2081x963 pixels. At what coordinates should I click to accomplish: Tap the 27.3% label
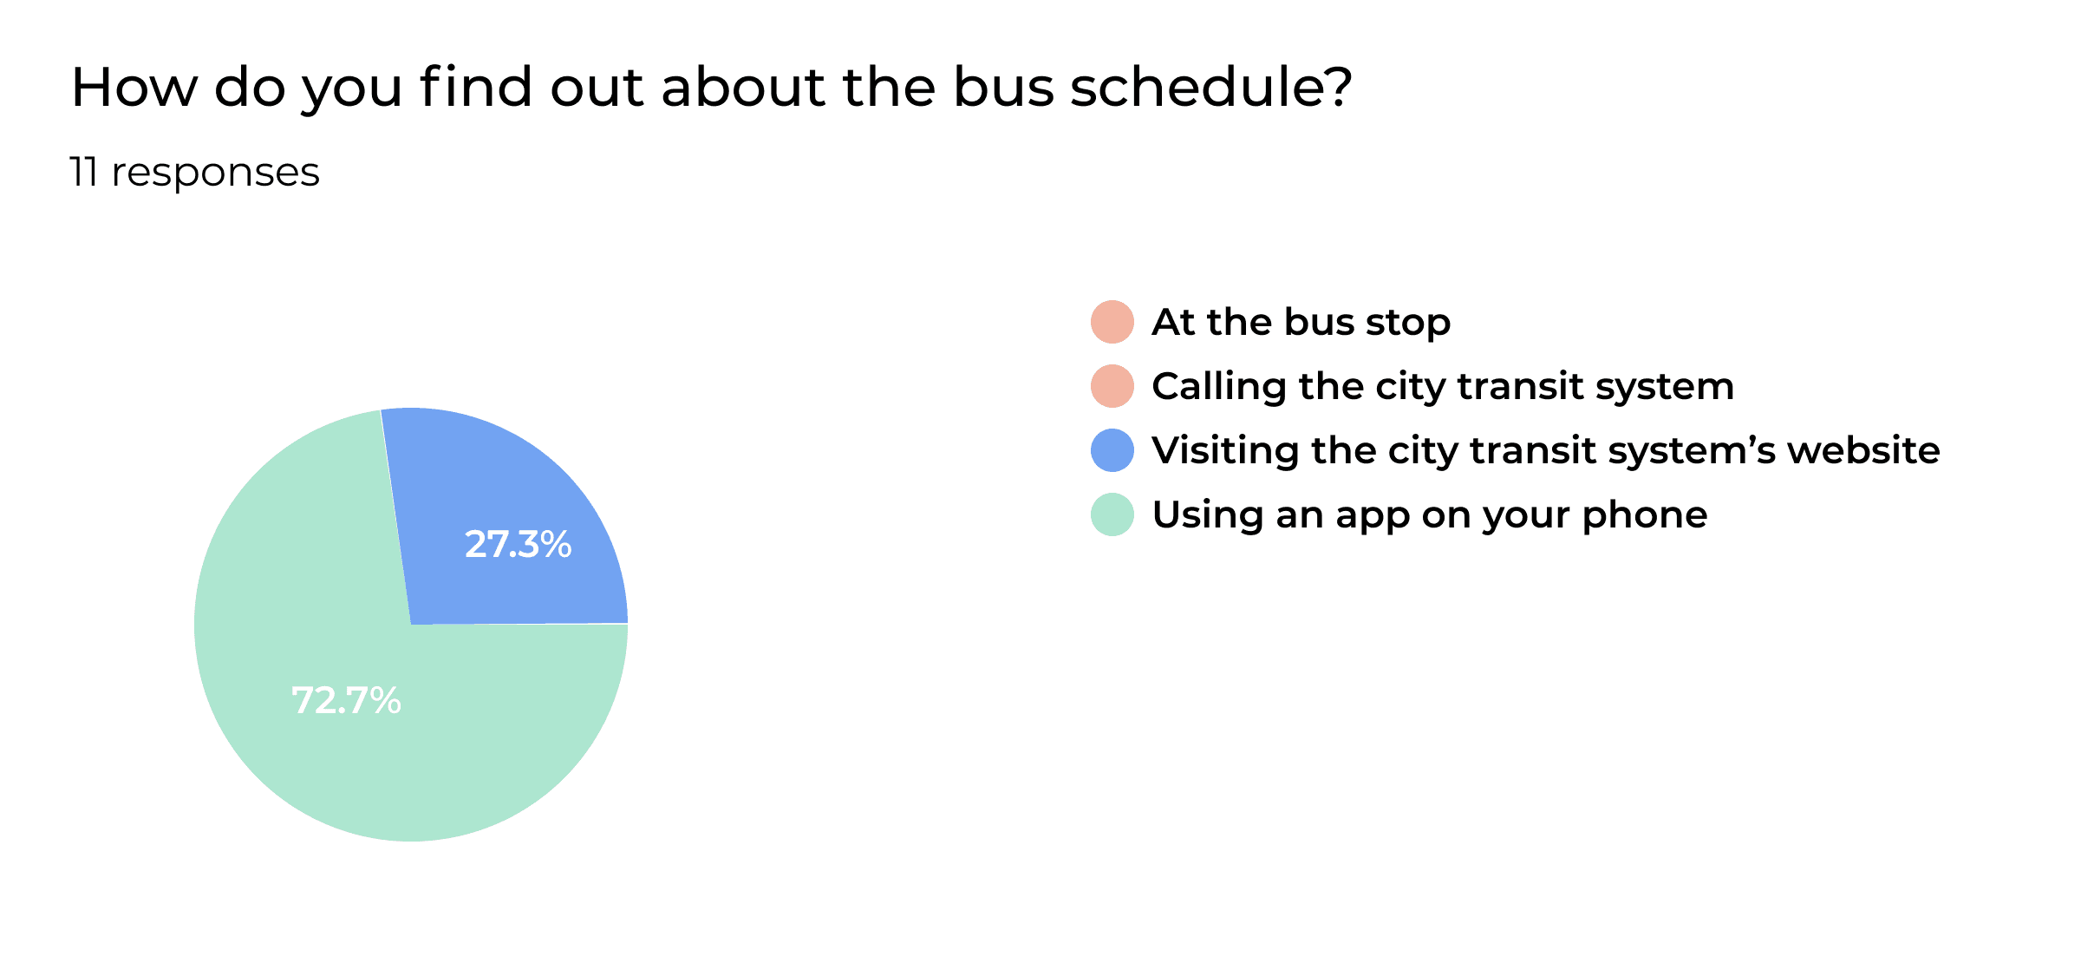pyautogui.click(x=518, y=545)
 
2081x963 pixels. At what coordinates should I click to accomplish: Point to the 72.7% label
pyautogui.click(x=346, y=701)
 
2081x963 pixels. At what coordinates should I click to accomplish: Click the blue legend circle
pyautogui.click(x=1112, y=450)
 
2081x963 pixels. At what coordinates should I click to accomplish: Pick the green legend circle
pyautogui.click(x=1112, y=514)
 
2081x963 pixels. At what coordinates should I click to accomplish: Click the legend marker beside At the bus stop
pyautogui.click(x=1112, y=322)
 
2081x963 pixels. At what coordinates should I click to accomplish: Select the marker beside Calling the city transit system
pyautogui.click(x=1112, y=386)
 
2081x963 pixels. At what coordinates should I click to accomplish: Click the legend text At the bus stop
pyautogui.click(x=1301, y=322)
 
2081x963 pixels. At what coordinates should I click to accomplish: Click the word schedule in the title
pyautogui.click(x=1210, y=88)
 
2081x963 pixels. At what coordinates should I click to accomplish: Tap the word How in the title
pyautogui.click(x=134, y=88)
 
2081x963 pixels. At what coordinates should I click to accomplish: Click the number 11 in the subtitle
pyautogui.click(x=83, y=172)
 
